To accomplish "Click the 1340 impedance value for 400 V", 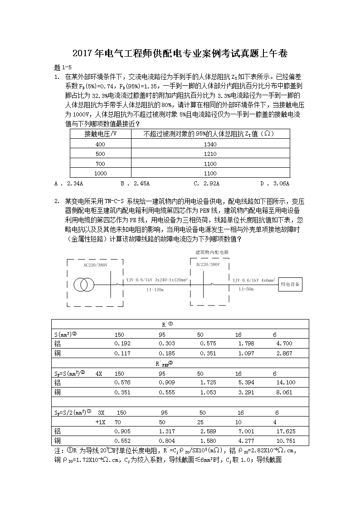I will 210,144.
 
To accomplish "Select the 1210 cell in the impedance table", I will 210,154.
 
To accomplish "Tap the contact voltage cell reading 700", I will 100,164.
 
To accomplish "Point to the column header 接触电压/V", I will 100,134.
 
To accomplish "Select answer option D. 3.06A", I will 275,184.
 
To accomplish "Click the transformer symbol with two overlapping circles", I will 84,285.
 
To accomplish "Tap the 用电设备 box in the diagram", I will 291,284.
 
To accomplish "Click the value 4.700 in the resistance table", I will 284,344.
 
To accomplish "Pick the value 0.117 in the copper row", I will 122,353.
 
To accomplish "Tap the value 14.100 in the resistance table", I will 286,383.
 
